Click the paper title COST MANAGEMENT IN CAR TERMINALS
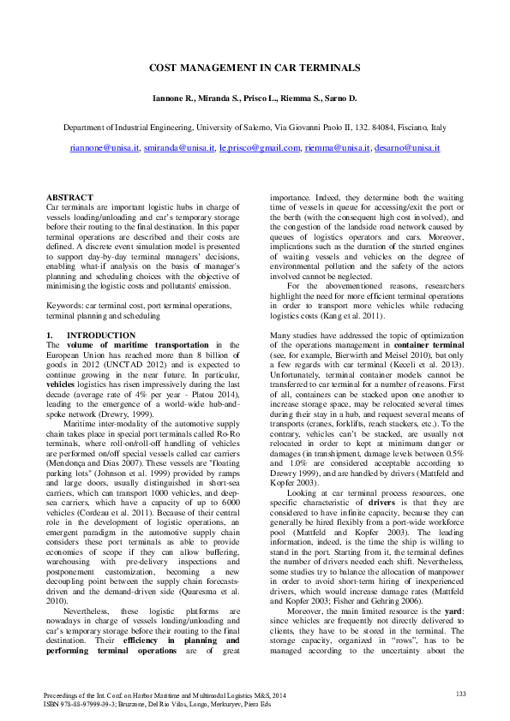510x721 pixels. click(x=255, y=67)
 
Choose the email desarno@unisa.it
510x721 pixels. click(x=408, y=148)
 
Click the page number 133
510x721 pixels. click(x=460, y=693)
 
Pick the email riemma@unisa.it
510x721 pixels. click(x=337, y=148)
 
